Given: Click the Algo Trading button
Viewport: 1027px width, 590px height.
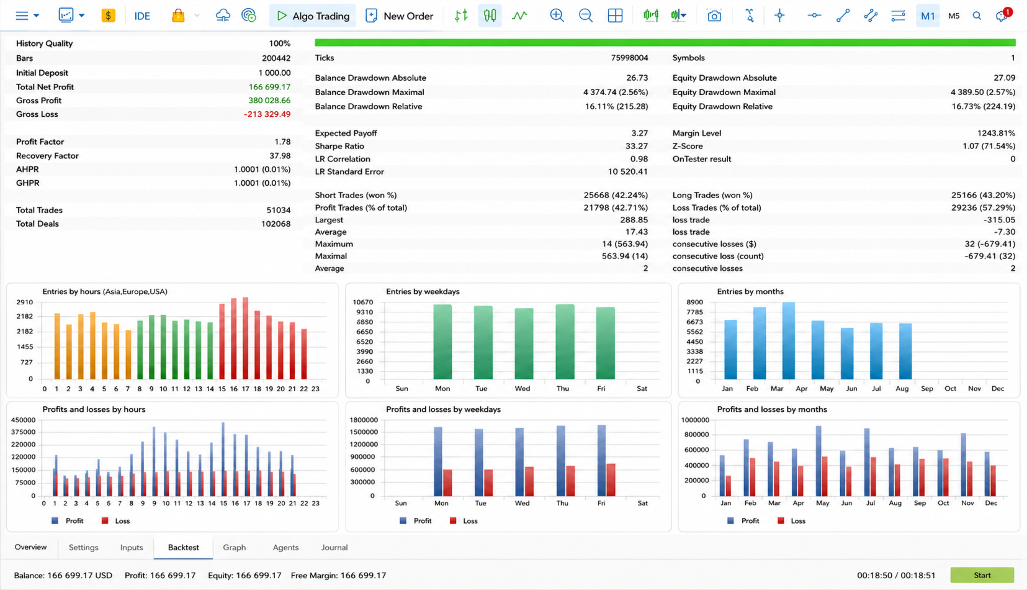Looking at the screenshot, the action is click(313, 16).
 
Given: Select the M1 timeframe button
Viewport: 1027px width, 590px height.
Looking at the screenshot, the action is click(928, 16).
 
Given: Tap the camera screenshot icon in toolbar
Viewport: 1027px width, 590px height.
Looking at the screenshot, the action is click(714, 16).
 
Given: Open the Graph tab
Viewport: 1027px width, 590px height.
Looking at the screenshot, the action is click(235, 547).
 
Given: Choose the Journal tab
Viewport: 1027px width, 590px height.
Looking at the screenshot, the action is click(334, 547).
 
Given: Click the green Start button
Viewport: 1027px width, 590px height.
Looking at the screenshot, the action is click(982, 575).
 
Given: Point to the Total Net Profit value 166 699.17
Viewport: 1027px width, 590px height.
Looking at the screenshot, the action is click(269, 87).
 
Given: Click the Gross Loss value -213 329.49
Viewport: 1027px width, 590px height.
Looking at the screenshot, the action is click(267, 114).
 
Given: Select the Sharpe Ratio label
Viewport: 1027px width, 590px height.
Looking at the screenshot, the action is click(339, 146).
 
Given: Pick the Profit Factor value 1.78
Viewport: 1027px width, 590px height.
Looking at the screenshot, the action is click(282, 142).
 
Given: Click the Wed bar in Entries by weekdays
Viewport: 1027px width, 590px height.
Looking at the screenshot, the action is click(524, 343).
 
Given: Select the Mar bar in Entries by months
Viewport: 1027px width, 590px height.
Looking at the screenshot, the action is click(789, 341).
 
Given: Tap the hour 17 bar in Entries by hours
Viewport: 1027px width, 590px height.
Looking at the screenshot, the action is click(245, 338).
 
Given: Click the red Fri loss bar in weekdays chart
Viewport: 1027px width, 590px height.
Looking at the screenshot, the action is click(611, 480).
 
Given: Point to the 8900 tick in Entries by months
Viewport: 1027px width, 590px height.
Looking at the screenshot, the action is click(694, 302).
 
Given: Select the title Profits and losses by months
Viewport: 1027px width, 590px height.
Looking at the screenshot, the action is click(772, 409).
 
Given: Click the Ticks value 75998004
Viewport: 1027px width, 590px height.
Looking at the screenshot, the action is click(629, 58).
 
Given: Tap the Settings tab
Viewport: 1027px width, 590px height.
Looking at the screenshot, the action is click(83, 547).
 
